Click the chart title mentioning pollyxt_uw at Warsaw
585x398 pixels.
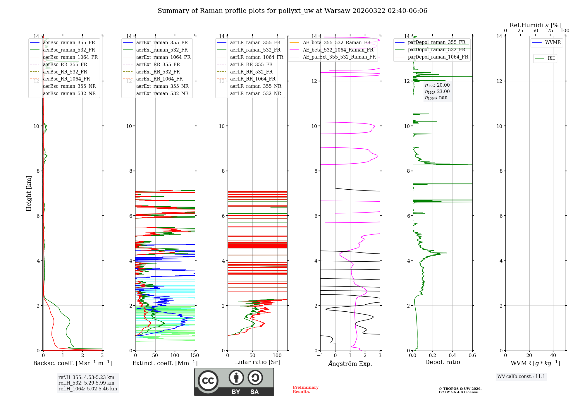click(x=292, y=11)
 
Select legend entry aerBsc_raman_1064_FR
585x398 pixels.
click(x=70, y=57)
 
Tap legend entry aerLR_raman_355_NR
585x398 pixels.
click(x=255, y=86)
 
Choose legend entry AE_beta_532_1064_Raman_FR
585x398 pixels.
click(x=338, y=50)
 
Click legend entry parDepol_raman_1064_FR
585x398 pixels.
click(x=438, y=57)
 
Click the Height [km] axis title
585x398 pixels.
click(x=29, y=193)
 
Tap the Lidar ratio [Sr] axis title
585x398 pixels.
click(x=257, y=362)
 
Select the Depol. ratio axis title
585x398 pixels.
click(x=442, y=362)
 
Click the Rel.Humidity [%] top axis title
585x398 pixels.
click(x=535, y=25)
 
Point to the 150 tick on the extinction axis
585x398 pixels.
click(x=195, y=356)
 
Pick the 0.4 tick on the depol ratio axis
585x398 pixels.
click(x=452, y=356)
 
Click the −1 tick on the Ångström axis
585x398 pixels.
click(x=320, y=356)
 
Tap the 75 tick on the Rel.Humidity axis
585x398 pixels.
click(x=550, y=31)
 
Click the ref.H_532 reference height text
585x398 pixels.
click(x=86, y=383)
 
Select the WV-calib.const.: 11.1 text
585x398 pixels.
click(x=521, y=376)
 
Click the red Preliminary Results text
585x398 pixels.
click(x=305, y=390)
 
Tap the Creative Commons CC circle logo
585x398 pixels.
click(x=208, y=381)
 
